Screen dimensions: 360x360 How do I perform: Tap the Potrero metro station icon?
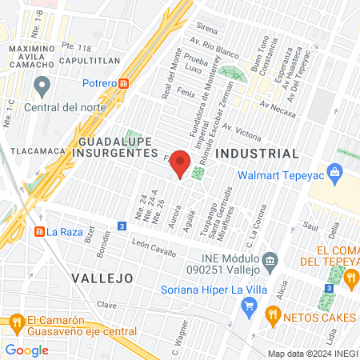click(x=124, y=83)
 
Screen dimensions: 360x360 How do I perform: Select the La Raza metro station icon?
click(x=38, y=232)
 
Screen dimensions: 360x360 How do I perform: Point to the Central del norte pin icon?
click(x=43, y=85)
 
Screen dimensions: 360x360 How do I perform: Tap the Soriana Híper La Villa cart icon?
click(x=250, y=304)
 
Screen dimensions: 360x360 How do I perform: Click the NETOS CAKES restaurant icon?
click(x=276, y=315)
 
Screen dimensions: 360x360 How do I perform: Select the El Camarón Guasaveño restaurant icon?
click(x=15, y=322)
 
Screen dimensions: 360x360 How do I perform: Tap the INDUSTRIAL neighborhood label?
click(x=258, y=153)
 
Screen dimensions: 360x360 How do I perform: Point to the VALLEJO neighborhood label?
click(x=101, y=278)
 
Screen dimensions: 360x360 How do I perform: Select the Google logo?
click(x=27, y=350)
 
